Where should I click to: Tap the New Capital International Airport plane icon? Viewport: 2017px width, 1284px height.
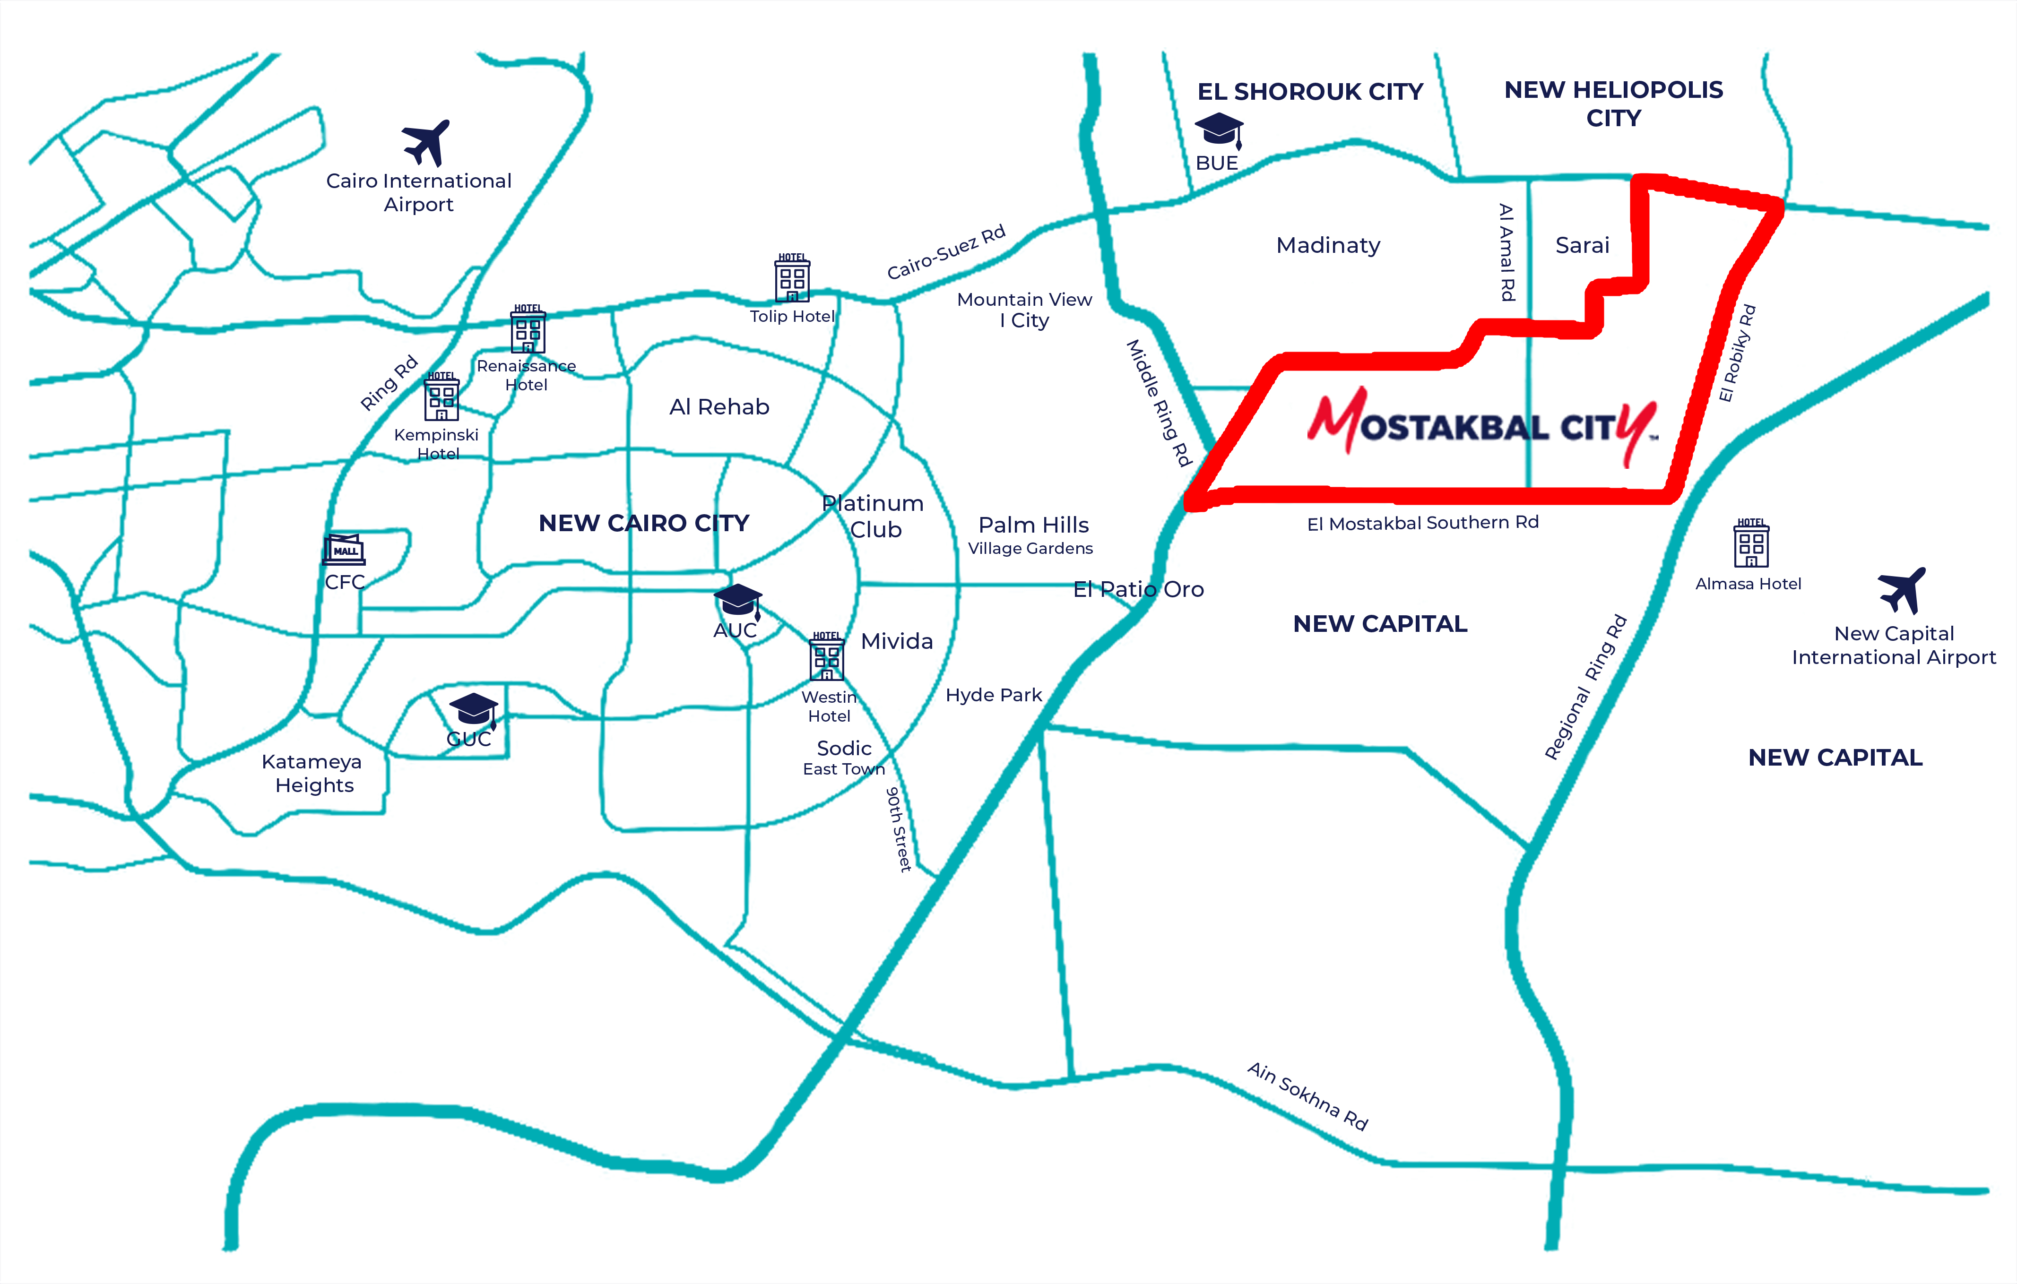pos(1901,591)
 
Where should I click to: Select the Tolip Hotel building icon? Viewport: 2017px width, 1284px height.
pos(792,278)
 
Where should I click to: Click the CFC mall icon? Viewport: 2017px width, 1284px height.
pos(344,550)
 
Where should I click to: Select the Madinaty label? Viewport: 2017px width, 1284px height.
pos(1328,245)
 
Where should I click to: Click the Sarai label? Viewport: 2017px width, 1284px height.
pos(1582,245)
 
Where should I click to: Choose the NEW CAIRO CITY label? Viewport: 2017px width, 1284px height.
pos(644,524)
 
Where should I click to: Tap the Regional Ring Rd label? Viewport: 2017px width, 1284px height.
pos(1585,687)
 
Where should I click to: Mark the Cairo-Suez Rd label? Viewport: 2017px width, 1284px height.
pos(946,252)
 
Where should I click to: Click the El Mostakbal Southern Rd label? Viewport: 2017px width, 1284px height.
pos(1423,523)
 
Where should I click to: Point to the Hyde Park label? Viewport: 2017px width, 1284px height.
pos(994,695)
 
